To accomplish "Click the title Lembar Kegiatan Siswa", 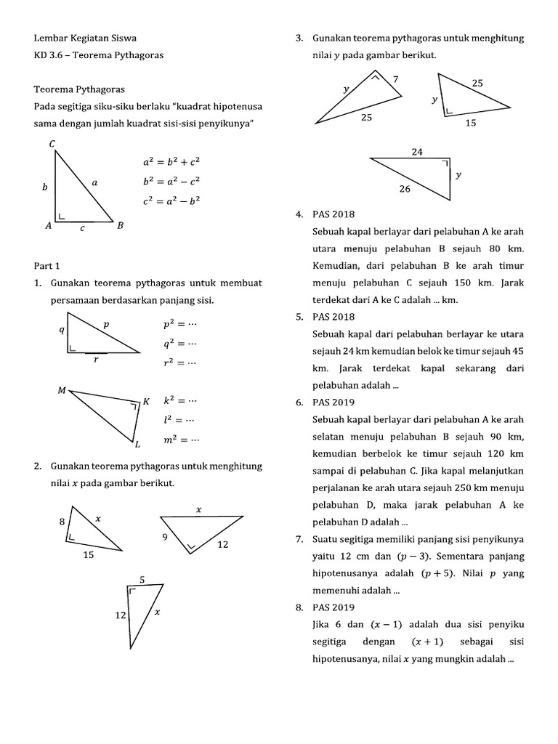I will pos(85,38).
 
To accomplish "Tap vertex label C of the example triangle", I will pos(52,144).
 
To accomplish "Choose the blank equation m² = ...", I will pos(181,439).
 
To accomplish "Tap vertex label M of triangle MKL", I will pos(62,391).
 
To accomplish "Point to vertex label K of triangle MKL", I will pos(146,401).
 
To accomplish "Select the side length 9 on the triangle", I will pos(165,538).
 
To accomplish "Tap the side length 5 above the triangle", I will pos(142,579).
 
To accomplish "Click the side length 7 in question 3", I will pos(395,78).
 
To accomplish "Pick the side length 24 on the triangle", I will pos(417,152).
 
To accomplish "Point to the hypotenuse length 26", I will pos(405,189).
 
